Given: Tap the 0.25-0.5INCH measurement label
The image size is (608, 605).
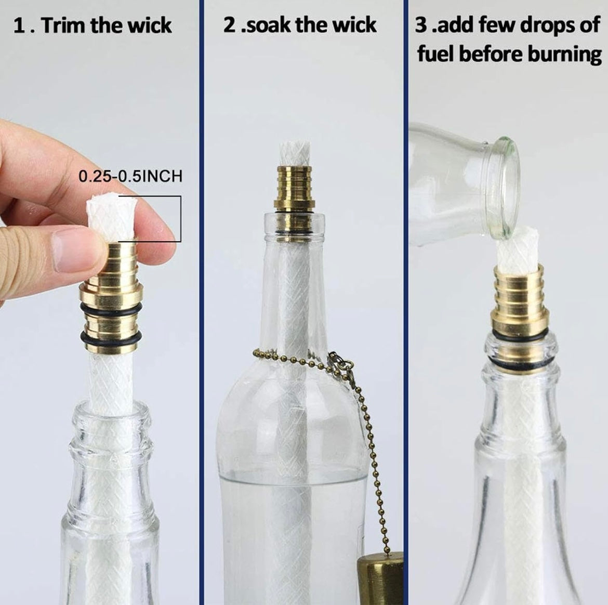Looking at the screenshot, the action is click(x=130, y=177).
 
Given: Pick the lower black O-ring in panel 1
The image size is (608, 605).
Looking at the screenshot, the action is click(x=111, y=339).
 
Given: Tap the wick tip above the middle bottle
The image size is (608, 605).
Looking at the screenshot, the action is click(x=295, y=155).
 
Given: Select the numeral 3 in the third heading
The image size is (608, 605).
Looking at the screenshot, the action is click(x=421, y=25).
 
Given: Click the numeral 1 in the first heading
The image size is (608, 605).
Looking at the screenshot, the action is click(x=18, y=26).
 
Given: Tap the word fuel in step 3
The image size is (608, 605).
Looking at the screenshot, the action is click(x=436, y=54).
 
